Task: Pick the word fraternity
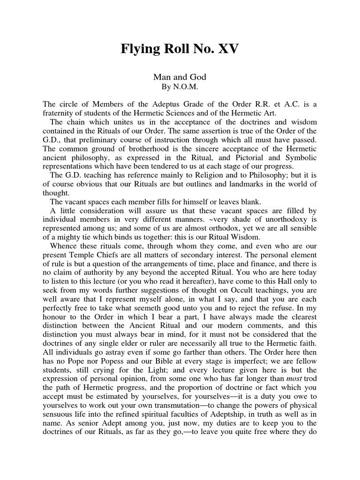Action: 60,113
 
